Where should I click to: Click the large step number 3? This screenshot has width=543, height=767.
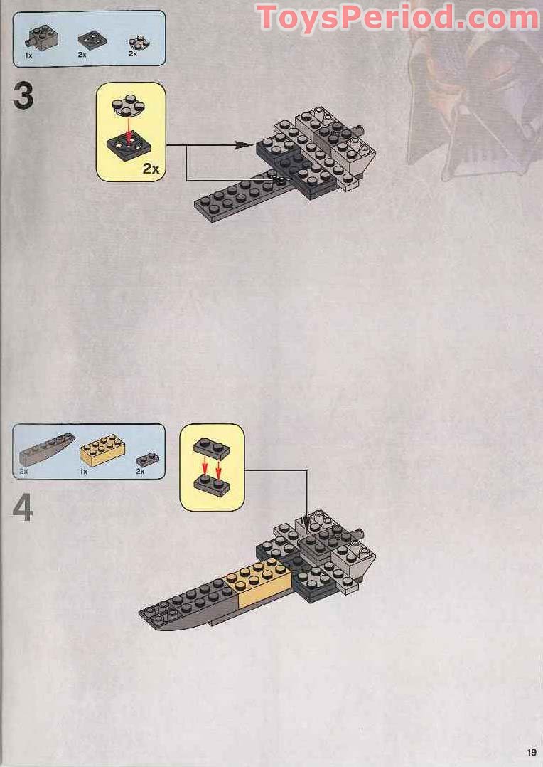tap(23, 97)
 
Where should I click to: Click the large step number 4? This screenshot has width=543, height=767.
tap(23, 508)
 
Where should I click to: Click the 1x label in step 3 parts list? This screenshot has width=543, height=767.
tap(28, 55)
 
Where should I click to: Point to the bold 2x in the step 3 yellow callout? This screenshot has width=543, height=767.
tap(151, 168)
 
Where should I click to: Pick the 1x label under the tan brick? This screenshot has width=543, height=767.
tap(83, 472)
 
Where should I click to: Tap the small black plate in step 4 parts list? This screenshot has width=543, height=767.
tap(146, 458)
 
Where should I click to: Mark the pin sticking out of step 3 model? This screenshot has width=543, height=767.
tap(362, 130)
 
